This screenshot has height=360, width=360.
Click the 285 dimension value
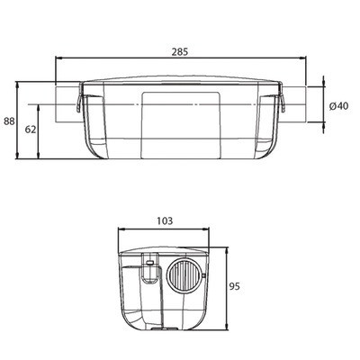[x=180, y=52]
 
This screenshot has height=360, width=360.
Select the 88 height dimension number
[x=9, y=121]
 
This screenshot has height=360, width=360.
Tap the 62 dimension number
[x=31, y=130]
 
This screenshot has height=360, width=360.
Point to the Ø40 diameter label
[x=339, y=106]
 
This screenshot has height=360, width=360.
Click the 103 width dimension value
[x=165, y=221]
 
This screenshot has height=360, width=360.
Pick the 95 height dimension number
[x=235, y=286]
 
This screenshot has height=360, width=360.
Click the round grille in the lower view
[x=184, y=275]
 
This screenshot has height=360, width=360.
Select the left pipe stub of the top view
[x=67, y=104]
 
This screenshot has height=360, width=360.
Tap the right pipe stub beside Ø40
[x=294, y=104]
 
